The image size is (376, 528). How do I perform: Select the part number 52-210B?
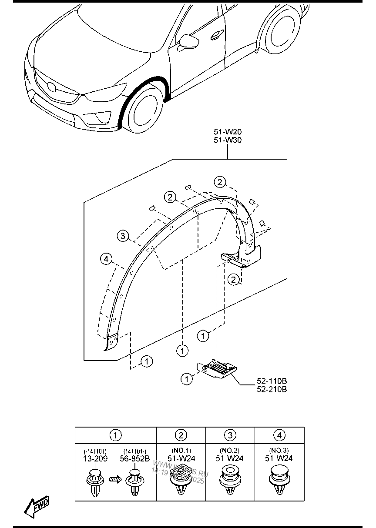coord(272,389)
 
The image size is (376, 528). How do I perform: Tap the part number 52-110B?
coord(272,382)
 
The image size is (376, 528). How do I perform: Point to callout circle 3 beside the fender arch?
coord(123,236)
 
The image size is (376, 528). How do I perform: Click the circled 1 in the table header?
coord(116,434)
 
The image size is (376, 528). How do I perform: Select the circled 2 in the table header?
coord(181,434)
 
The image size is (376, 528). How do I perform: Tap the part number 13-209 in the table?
coord(95,458)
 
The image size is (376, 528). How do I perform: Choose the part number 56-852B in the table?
coord(135,458)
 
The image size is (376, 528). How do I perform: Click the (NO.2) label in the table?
coord(230,451)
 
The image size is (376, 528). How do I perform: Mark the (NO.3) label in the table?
coord(279,451)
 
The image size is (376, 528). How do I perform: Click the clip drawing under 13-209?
coord(95,483)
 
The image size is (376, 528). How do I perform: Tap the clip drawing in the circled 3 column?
coord(230,481)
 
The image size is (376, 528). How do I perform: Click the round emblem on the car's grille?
coord(51,86)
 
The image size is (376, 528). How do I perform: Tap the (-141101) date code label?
coord(95,451)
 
